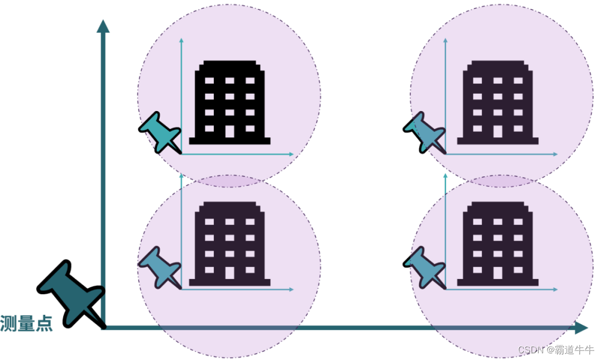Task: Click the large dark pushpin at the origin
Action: click(70, 293)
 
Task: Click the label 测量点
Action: click(26, 324)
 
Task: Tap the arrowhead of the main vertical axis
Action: click(103, 26)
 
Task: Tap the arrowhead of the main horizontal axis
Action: click(581, 328)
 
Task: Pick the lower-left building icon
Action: click(229, 243)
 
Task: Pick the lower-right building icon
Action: click(497, 243)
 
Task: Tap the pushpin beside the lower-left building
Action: click(159, 267)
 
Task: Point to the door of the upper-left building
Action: click(229, 132)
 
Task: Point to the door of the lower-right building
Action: click(497, 273)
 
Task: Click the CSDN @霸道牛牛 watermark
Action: click(556, 349)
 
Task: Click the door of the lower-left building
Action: click(229, 273)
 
